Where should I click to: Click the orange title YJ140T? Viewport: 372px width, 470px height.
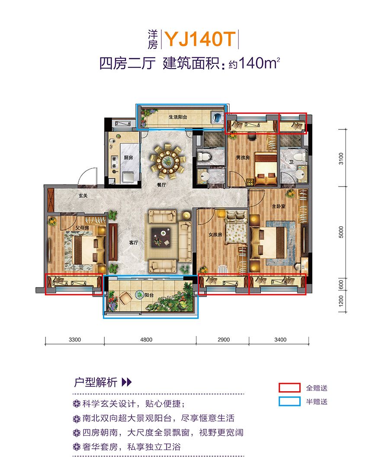(200, 39)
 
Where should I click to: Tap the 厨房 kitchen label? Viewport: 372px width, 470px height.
(128, 158)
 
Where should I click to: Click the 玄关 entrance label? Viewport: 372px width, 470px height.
(83, 196)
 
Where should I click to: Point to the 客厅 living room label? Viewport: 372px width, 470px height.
(134, 242)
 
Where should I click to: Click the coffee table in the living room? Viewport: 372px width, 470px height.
(161, 237)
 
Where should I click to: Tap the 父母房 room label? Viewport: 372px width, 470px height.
(82, 228)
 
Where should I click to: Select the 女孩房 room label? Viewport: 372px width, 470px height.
(215, 235)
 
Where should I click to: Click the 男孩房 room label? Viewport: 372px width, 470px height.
(243, 158)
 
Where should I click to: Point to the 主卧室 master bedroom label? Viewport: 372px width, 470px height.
(279, 206)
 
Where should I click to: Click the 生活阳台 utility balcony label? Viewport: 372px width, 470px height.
(178, 117)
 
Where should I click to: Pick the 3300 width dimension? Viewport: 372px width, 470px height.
(74, 340)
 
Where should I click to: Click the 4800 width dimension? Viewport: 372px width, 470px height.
(146, 340)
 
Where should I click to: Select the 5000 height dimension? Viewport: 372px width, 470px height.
(341, 232)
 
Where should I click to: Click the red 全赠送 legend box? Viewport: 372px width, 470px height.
(289, 388)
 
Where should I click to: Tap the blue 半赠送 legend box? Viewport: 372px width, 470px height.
(289, 401)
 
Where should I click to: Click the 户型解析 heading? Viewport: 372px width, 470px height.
(96, 382)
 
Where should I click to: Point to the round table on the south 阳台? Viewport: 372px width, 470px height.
(139, 295)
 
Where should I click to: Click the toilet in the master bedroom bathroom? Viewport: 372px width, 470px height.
(298, 157)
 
